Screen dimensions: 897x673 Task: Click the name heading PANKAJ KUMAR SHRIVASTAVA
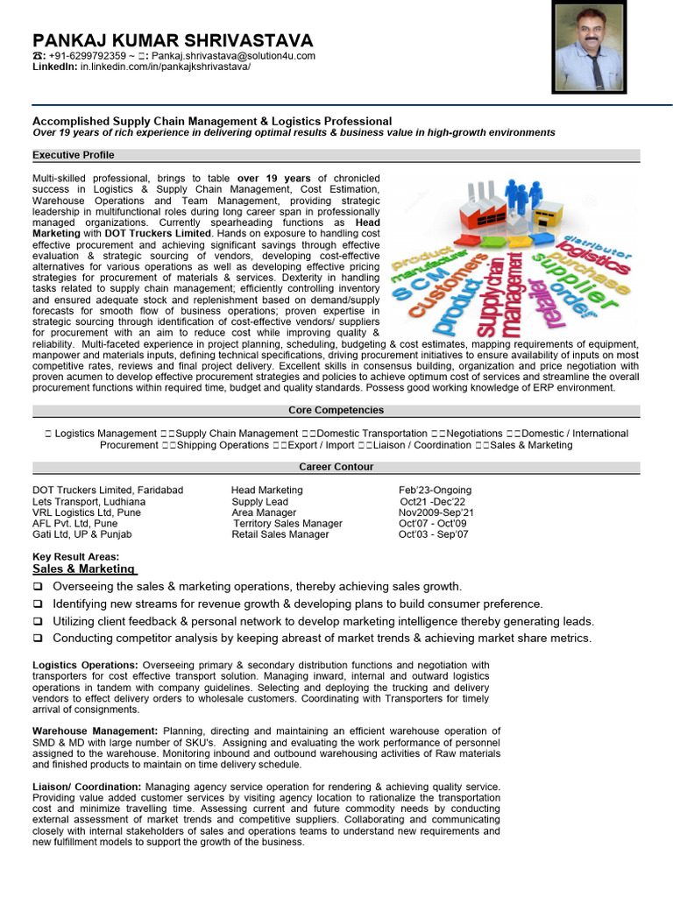click(x=173, y=41)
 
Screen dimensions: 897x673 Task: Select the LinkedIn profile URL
click(x=166, y=67)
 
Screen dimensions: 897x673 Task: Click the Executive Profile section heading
click(x=74, y=155)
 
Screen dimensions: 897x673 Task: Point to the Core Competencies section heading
click(x=336, y=410)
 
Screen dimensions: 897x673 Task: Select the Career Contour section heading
click(x=336, y=467)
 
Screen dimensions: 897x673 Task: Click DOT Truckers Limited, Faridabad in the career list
click(x=108, y=490)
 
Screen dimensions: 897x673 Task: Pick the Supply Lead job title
click(x=260, y=502)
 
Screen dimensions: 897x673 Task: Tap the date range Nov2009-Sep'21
click(x=436, y=512)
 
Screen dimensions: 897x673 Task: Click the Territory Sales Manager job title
click(x=287, y=524)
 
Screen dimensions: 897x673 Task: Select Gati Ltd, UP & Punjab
click(x=82, y=534)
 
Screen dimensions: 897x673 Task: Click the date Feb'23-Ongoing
click(x=435, y=490)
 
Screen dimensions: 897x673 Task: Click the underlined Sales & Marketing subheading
click(x=84, y=569)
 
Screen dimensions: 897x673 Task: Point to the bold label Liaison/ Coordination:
click(x=89, y=787)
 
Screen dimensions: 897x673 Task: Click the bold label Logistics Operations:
click(x=86, y=665)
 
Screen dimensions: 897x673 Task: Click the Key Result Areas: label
click(x=75, y=557)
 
